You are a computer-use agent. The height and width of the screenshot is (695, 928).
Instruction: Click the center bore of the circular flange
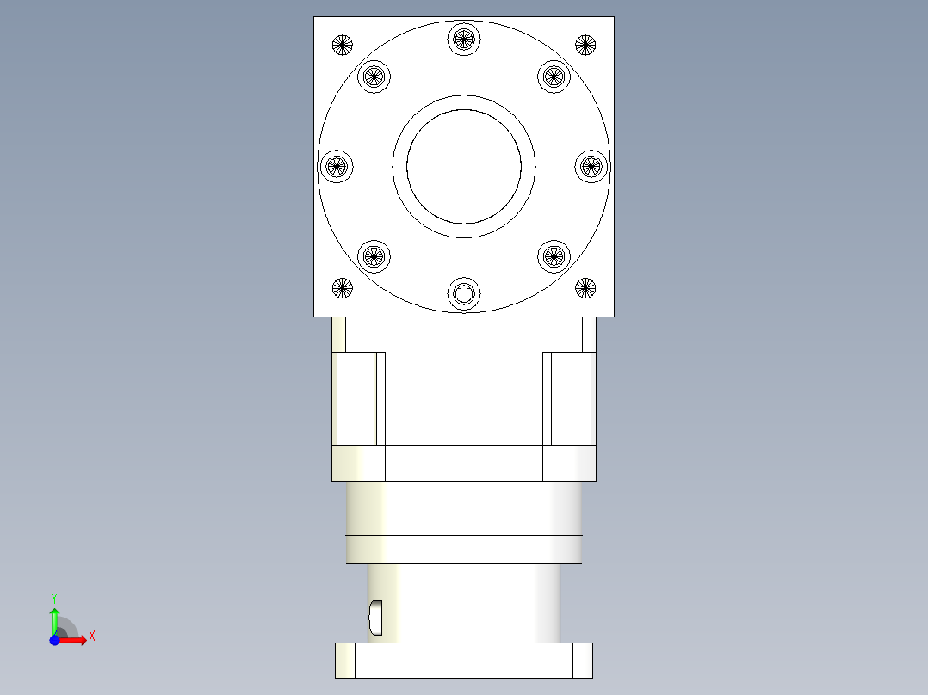(x=464, y=166)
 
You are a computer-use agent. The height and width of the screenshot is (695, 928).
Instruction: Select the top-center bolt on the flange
(x=464, y=39)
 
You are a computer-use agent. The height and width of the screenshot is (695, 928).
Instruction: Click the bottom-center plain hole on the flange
(x=464, y=294)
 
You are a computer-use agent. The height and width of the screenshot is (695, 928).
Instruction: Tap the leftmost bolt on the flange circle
(x=337, y=166)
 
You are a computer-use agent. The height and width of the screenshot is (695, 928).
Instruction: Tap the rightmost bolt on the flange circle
(x=591, y=166)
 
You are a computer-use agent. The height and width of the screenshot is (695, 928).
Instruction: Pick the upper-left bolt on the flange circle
(x=374, y=77)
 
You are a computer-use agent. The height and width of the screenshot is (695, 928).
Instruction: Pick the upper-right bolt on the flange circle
(x=554, y=77)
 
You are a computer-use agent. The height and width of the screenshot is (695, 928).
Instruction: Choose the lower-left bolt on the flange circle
(x=374, y=255)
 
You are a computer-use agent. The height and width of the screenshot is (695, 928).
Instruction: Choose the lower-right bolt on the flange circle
(x=554, y=255)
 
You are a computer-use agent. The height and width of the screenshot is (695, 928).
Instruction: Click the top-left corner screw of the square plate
(x=343, y=44)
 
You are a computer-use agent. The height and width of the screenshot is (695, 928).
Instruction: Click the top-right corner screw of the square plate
(x=585, y=44)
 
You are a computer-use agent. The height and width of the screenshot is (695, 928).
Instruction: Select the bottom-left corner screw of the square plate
(x=343, y=288)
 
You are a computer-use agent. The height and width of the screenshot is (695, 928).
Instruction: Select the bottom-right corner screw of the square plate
(x=585, y=288)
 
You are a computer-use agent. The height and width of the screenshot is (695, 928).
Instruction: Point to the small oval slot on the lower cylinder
(x=375, y=615)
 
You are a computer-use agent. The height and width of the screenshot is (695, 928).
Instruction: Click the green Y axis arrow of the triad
(x=54, y=615)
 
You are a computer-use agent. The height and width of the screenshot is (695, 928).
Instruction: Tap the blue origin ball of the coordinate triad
(x=54, y=640)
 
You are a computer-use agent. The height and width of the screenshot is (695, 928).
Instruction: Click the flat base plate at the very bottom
(x=464, y=660)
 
